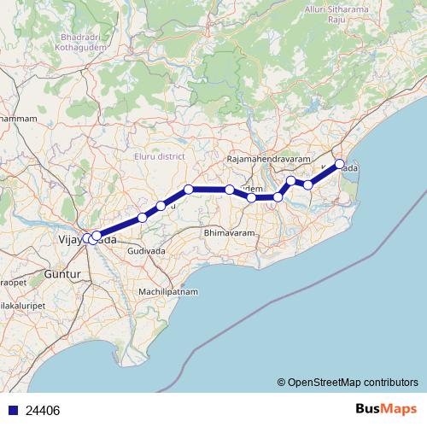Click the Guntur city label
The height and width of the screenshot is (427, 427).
click(61, 274)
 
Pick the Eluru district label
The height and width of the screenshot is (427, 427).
click(160, 156)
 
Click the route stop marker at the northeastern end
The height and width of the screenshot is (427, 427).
click(339, 164)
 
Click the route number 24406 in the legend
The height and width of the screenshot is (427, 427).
click(43, 410)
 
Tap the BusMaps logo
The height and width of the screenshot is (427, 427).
click(386, 409)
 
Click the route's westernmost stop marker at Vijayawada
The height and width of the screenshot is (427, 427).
click(87, 238)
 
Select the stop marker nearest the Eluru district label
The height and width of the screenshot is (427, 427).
click(189, 189)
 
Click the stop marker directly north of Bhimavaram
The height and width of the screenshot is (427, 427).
click(230, 189)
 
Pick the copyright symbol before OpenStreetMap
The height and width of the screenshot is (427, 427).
click(282, 383)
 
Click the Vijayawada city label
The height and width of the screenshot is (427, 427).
click(85, 240)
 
